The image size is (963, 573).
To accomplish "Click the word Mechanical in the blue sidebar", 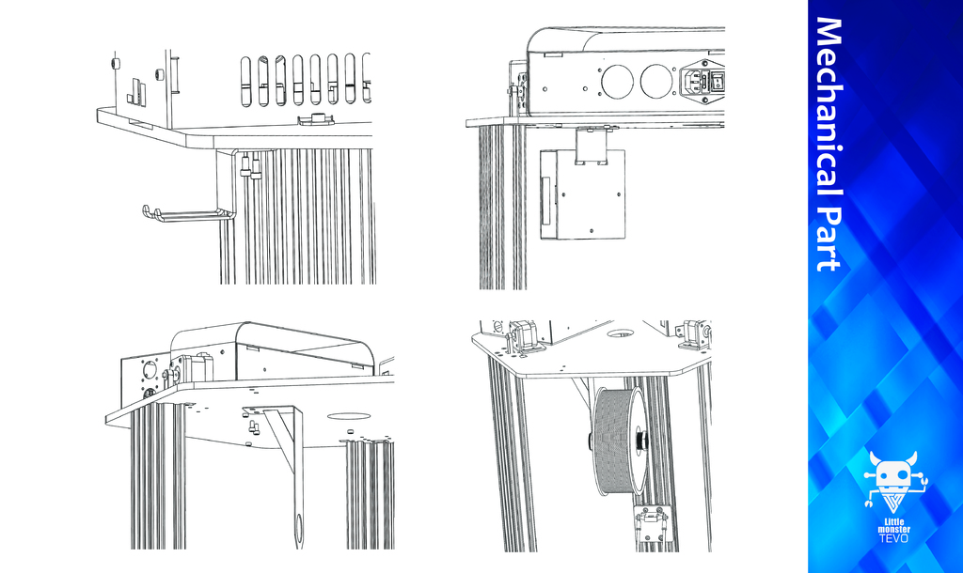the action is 829,105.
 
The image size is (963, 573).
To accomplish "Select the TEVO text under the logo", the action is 894,538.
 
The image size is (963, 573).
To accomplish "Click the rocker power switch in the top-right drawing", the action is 718,81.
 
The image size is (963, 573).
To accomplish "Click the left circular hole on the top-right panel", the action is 617,82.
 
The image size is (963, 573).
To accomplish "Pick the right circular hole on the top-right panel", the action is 656,82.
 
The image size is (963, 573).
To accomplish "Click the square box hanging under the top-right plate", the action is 582,194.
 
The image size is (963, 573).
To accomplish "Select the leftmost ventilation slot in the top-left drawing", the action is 245,81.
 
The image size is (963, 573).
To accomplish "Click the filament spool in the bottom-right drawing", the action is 618,440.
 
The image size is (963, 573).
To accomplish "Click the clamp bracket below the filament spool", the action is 654,524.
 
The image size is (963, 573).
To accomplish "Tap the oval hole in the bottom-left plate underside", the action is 348,416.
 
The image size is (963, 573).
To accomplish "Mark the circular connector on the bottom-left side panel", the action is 150,371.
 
